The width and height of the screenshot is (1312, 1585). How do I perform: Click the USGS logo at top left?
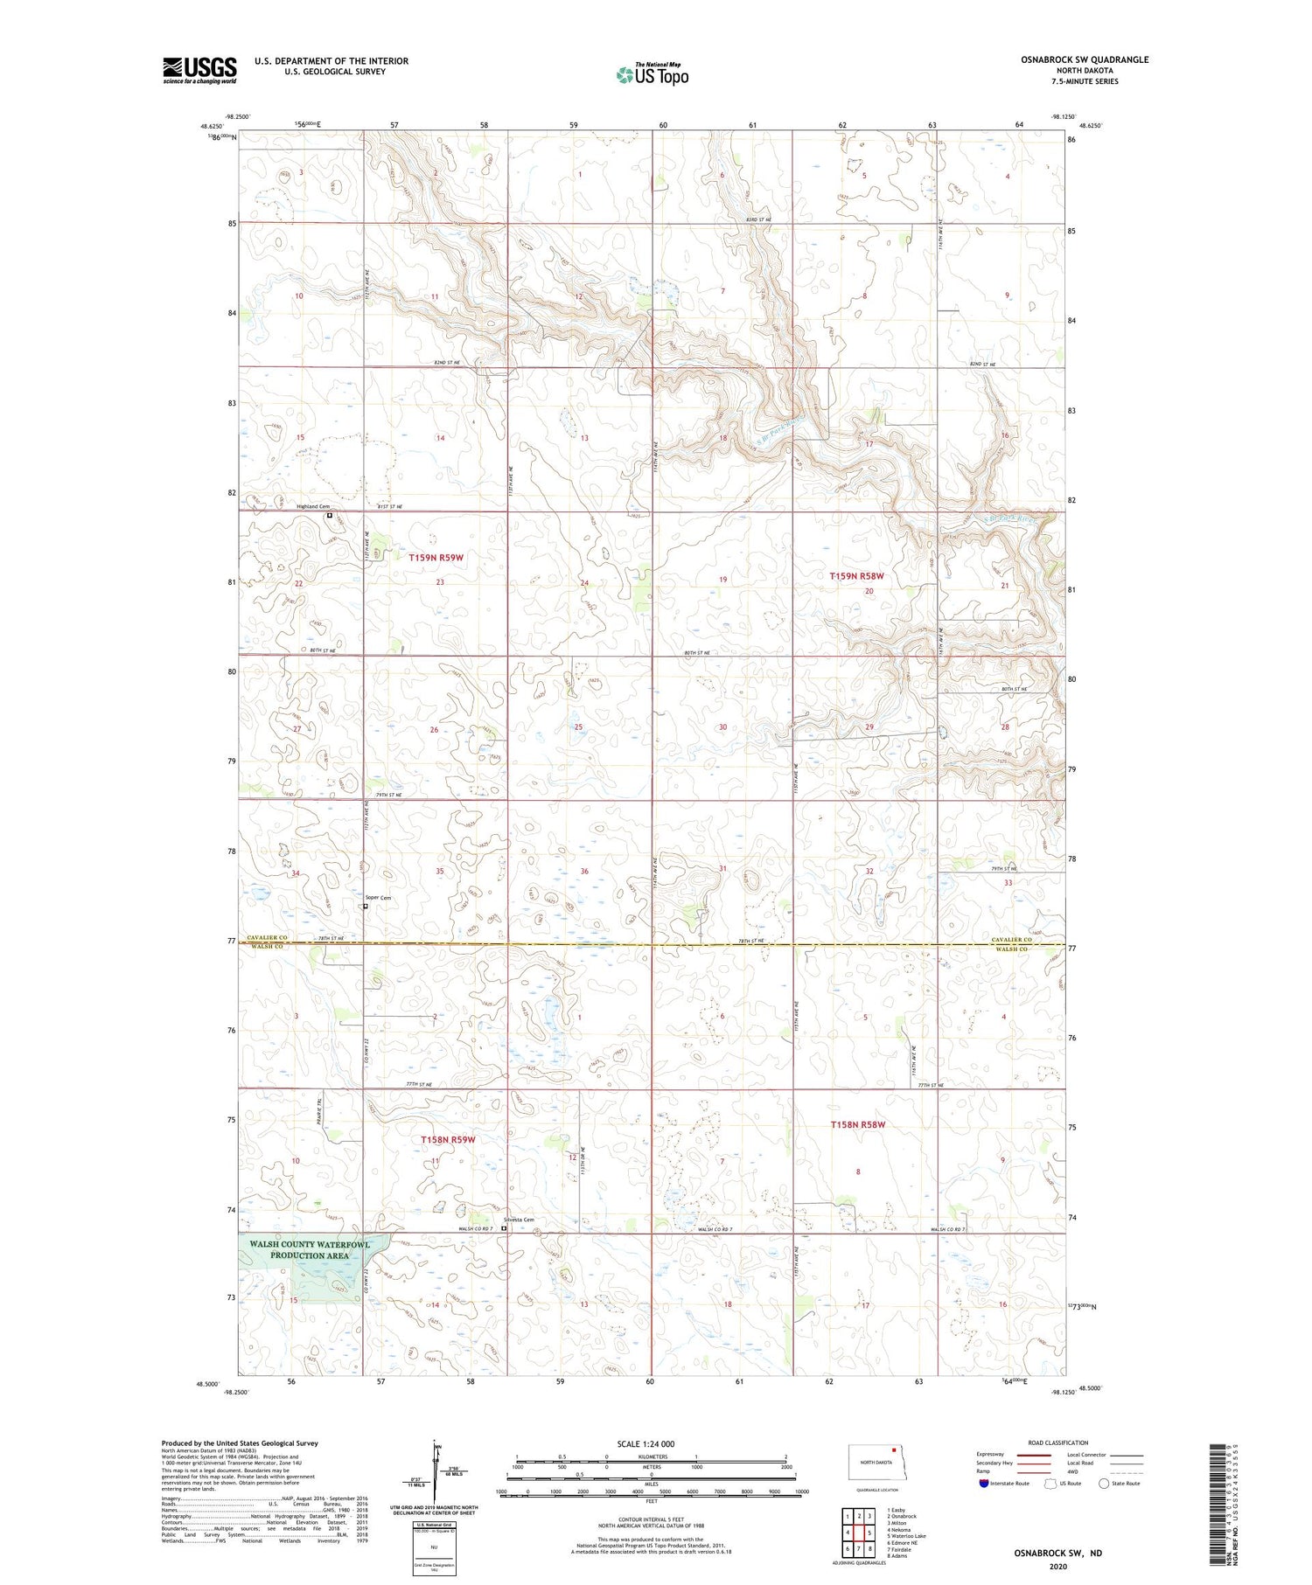199,70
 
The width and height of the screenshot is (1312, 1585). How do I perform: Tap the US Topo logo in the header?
652,75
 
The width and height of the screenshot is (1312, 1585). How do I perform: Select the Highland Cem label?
313,506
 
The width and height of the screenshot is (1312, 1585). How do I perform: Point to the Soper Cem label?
378,898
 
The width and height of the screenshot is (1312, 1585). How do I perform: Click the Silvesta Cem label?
518,1220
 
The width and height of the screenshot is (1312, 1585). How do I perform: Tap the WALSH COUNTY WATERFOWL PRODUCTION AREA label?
309,1249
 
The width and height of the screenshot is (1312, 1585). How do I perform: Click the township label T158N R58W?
858,1124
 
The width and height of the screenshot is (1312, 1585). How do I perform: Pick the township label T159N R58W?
856,576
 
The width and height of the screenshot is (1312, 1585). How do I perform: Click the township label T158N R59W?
448,1139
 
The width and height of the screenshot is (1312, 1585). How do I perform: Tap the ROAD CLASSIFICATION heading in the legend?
1058,1442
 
